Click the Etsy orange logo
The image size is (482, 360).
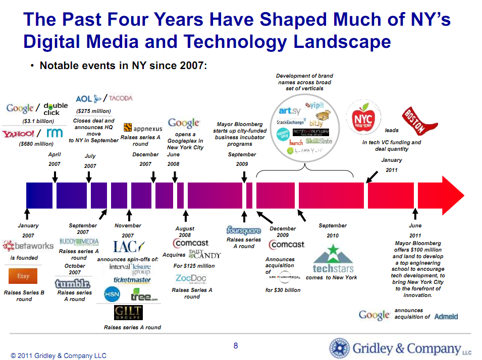[23, 276]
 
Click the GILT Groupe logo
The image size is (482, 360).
[128, 313]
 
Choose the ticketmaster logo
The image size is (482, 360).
[132, 280]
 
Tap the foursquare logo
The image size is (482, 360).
[244, 231]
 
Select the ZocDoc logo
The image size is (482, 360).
[191, 279]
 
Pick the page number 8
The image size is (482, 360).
[236, 346]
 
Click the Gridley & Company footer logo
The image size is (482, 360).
[400, 348]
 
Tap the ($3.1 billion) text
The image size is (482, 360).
[38, 121]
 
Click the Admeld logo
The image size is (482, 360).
[446, 317]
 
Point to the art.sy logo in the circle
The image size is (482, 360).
[290, 111]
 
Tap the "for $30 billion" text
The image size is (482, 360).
[283, 290]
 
